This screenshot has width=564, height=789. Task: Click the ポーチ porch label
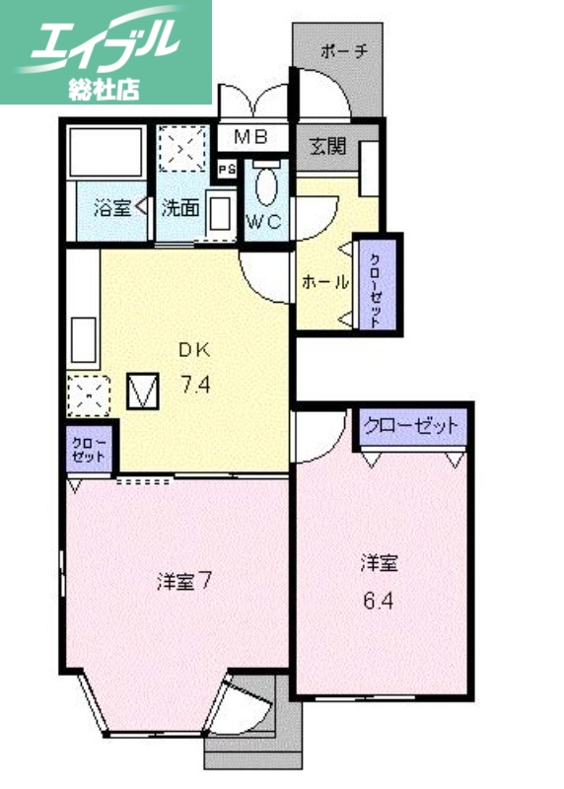343,52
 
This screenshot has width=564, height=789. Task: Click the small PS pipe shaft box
227,169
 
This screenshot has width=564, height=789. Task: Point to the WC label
264,222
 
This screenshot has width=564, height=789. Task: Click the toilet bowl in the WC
265,185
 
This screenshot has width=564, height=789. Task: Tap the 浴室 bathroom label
111,208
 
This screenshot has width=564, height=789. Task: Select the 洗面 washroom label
181,208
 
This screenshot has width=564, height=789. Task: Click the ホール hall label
324,282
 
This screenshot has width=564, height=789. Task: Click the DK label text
193,350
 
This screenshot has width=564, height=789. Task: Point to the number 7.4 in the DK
193,385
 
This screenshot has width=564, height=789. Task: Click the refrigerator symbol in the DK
145,392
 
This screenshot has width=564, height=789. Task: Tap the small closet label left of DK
87,450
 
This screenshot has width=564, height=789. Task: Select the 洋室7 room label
183,582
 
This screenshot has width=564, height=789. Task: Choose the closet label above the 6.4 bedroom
410,427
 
